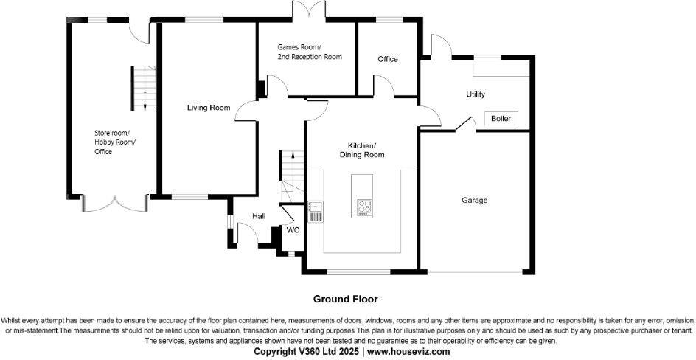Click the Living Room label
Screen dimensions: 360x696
click(x=209, y=108)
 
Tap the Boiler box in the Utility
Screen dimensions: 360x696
click(x=501, y=119)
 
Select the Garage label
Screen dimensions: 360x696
click(x=475, y=200)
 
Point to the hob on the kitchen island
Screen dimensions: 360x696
click(x=364, y=207)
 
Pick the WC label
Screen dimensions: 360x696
click(x=293, y=230)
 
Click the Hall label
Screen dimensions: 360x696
click(x=259, y=216)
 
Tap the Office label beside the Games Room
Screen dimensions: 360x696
click(x=388, y=59)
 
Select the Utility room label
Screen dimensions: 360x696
click(x=476, y=94)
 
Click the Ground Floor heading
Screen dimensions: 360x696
click(x=346, y=299)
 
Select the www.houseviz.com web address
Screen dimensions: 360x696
click(x=408, y=352)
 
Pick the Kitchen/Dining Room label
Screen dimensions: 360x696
click(x=362, y=150)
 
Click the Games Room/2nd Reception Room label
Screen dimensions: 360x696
click(x=310, y=51)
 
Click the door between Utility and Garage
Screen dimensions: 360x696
click(x=464, y=123)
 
